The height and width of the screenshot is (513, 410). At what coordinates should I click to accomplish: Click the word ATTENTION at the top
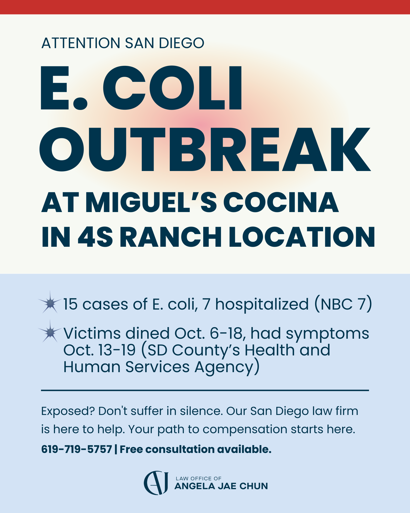(x=81, y=43)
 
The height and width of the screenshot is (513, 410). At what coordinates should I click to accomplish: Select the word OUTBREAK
(x=205, y=149)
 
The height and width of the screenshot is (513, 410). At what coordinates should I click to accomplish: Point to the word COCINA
(x=281, y=203)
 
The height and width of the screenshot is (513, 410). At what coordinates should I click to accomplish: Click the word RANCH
(x=170, y=237)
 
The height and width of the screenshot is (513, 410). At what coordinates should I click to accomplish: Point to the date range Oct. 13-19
(x=99, y=350)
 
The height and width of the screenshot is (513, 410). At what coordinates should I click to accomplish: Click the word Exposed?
(x=68, y=411)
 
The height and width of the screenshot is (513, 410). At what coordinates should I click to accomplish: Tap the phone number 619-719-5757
(x=76, y=449)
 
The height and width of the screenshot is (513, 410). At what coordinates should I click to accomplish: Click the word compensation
(x=245, y=429)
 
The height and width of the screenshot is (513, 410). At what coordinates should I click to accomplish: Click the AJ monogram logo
(x=156, y=483)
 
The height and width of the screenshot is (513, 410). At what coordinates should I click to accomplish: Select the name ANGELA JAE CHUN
(x=221, y=486)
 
